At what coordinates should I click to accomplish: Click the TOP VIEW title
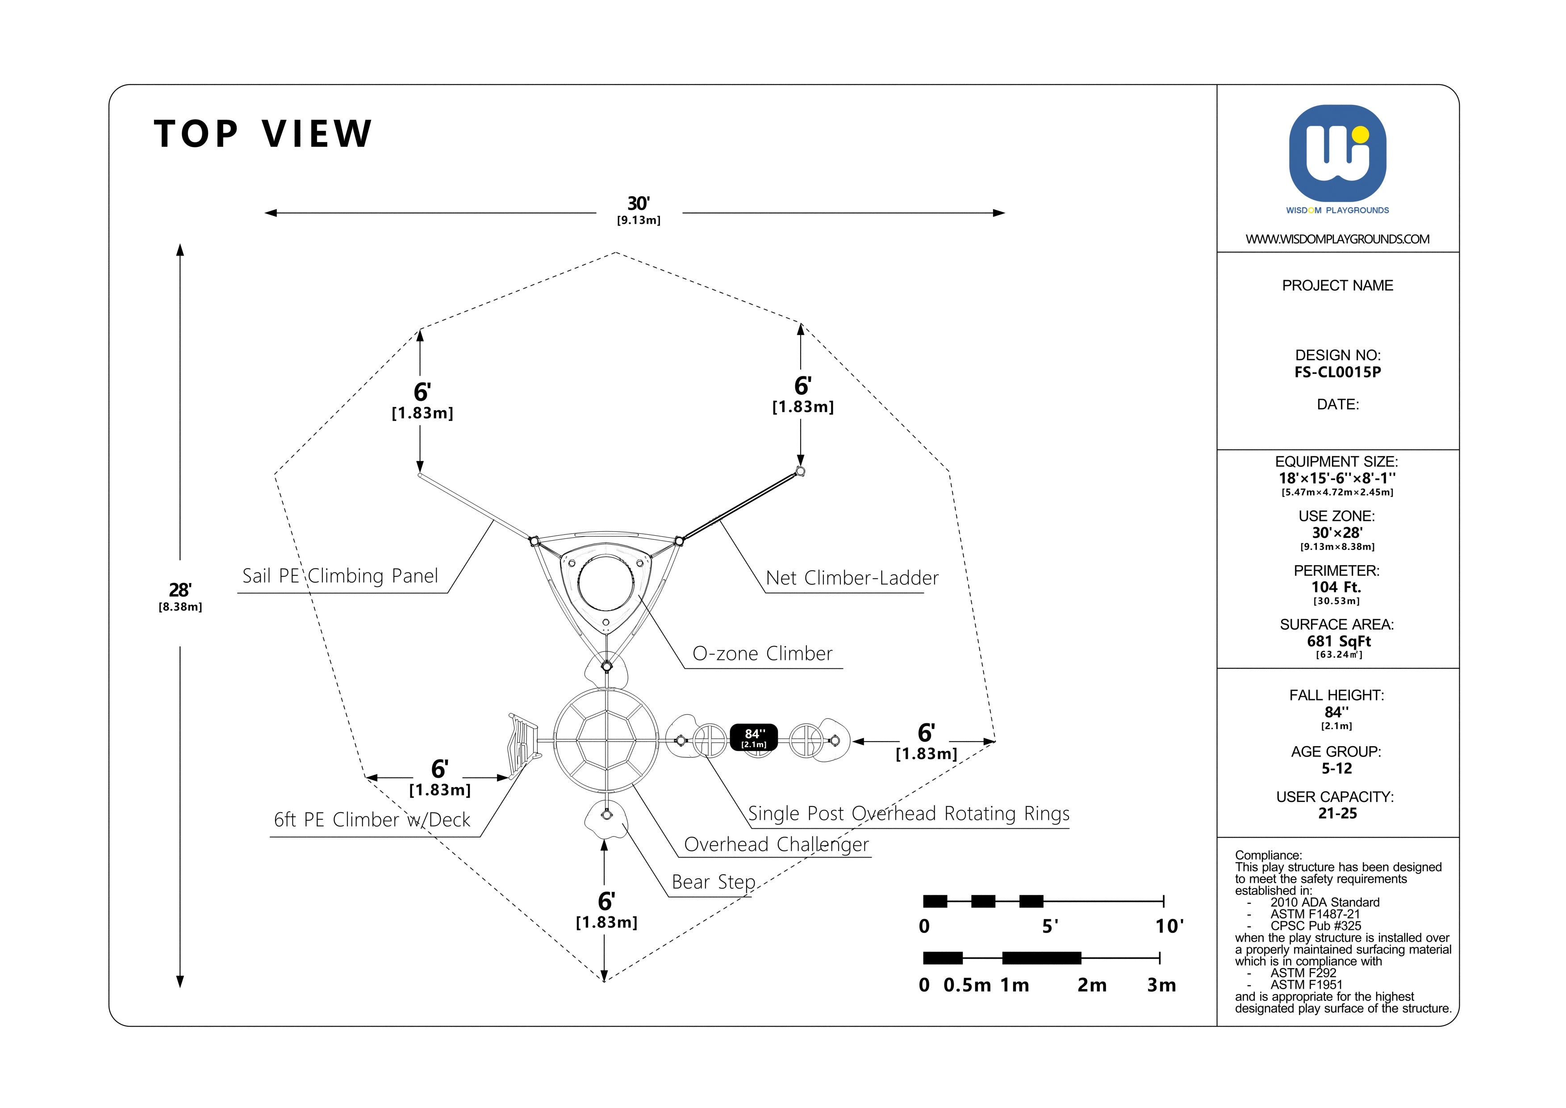(263, 134)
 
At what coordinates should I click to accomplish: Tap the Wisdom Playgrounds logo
(1337, 154)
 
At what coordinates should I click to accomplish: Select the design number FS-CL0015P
(1337, 373)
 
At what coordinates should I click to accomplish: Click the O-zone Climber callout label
(762, 654)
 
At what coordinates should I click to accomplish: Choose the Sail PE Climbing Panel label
(340, 576)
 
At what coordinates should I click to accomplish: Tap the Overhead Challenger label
(776, 845)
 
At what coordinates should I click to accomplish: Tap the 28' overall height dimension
(180, 590)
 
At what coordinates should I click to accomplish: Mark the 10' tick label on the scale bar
(1169, 927)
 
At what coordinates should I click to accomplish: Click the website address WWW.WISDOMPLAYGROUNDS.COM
(1337, 239)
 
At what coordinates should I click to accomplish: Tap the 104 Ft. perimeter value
(1336, 588)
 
